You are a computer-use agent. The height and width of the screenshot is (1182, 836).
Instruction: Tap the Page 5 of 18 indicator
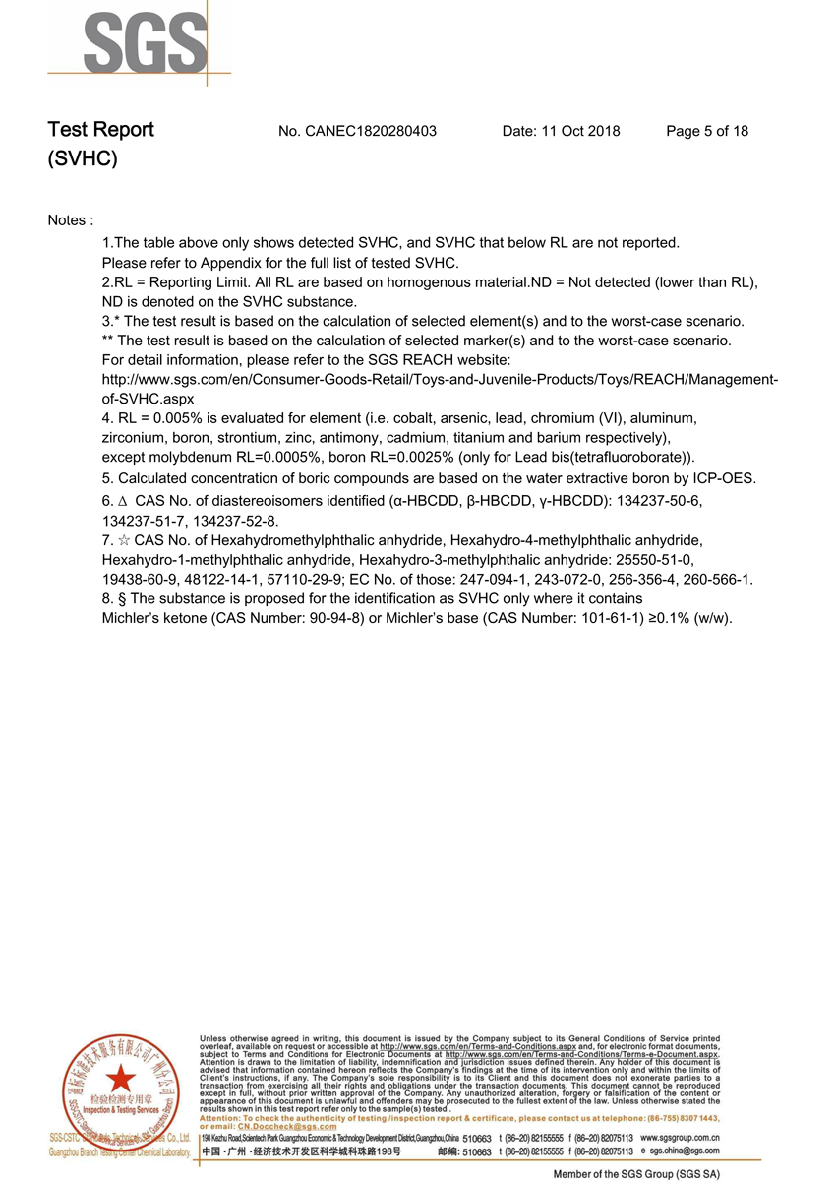707,131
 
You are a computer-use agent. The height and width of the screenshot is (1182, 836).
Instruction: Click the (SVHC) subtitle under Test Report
83,159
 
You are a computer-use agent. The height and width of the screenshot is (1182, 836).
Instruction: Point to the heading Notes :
71,220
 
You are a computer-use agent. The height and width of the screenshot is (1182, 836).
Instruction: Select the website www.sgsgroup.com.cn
680,1137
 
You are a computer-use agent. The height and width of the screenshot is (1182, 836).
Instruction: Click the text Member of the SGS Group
636,1174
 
